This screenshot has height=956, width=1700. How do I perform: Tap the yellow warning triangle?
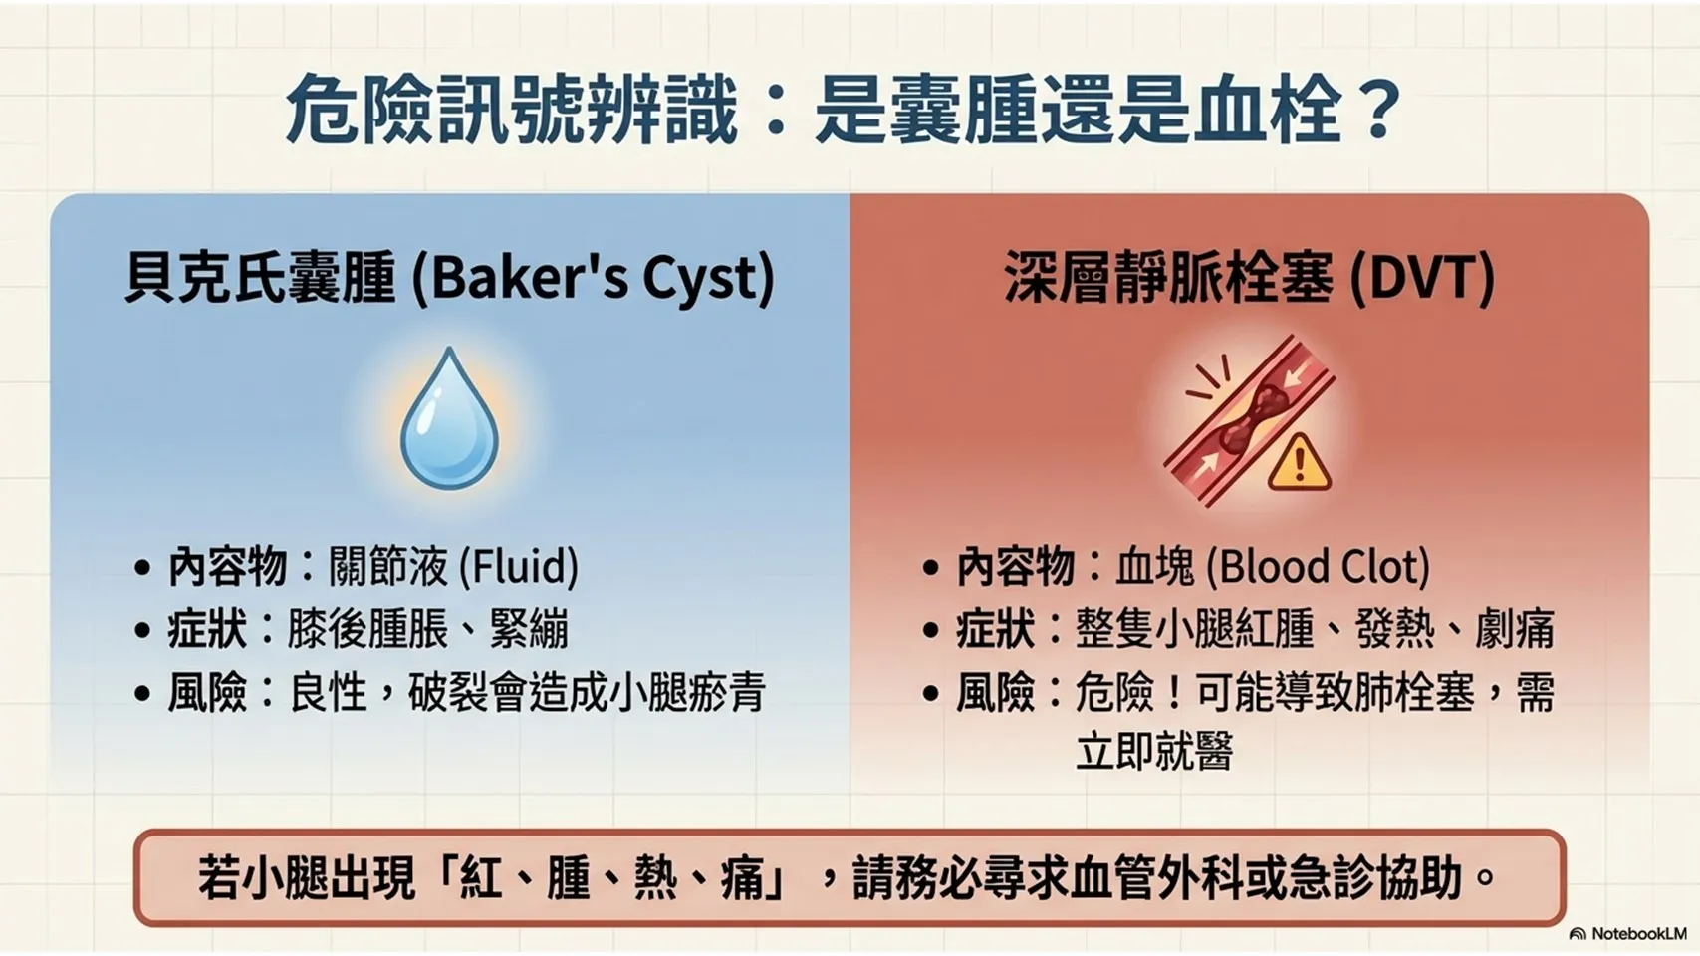point(1299,463)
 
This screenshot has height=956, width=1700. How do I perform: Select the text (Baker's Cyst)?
point(594,278)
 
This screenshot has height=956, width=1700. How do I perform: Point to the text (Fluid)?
point(517,567)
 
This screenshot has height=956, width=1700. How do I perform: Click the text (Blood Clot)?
point(1319,567)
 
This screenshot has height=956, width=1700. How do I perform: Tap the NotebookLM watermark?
point(1627,933)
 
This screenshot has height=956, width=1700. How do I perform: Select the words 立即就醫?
point(1154,751)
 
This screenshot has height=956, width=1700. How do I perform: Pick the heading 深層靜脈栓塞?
point(1169,278)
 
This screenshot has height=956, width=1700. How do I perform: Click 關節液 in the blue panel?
point(387,567)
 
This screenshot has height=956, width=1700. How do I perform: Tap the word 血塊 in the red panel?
point(1155,567)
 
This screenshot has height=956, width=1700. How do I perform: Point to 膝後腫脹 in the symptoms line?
point(366,629)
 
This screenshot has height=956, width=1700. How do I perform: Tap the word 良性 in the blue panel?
point(328,693)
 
